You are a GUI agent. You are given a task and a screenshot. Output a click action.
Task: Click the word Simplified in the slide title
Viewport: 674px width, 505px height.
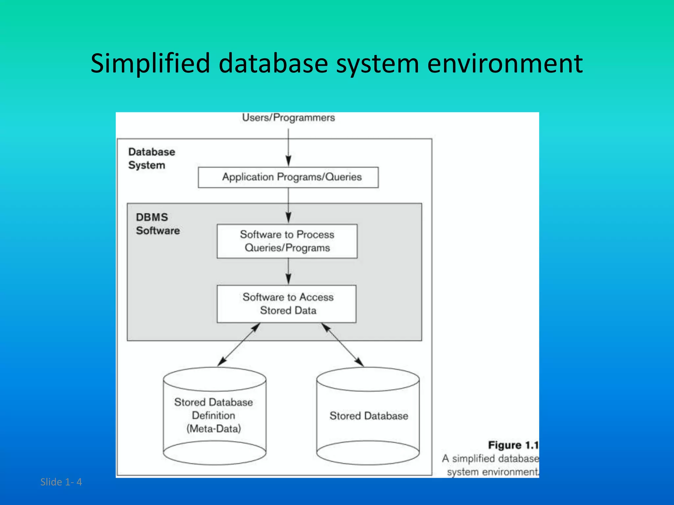click(x=150, y=63)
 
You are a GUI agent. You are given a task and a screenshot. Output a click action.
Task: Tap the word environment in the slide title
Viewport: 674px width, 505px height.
click(x=505, y=63)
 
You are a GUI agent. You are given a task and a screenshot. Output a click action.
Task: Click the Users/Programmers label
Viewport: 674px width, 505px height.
click(x=288, y=118)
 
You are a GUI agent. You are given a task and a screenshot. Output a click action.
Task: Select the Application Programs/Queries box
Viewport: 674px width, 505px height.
click(x=288, y=177)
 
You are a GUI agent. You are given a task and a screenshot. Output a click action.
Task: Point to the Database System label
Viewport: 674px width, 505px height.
click(x=151, y=158)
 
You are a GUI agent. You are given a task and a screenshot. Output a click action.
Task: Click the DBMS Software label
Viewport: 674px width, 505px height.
click(x=158, y=224)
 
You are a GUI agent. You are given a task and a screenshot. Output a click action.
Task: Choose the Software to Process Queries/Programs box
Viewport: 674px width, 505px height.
click(x=287, y=241)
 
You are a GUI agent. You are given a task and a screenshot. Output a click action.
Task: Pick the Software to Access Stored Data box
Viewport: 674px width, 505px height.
click(x=287, y=303)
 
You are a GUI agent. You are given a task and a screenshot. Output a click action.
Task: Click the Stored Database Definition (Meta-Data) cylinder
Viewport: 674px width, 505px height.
click(x=214, y=416)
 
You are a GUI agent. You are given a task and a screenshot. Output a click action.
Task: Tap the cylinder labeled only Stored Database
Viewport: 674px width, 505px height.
click(x=368, y=416)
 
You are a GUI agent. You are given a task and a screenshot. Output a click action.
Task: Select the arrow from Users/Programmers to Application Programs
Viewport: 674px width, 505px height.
click(x=288, y=148)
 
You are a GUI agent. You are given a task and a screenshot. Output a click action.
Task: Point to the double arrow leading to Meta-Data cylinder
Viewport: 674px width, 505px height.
click(x=239, y=344)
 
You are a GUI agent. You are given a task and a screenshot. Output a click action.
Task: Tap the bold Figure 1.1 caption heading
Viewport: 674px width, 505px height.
click(x=513, y=445)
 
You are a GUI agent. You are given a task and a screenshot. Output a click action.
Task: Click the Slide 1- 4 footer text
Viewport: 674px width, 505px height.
click(x=61, y=482)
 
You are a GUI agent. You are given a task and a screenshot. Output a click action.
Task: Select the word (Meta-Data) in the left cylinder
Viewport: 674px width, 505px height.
click(x=214, y=429)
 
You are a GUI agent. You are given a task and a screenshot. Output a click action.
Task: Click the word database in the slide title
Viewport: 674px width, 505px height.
click(x=273, y=63)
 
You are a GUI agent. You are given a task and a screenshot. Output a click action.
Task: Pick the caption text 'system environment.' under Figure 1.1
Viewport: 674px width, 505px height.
click(x=492, y=472)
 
